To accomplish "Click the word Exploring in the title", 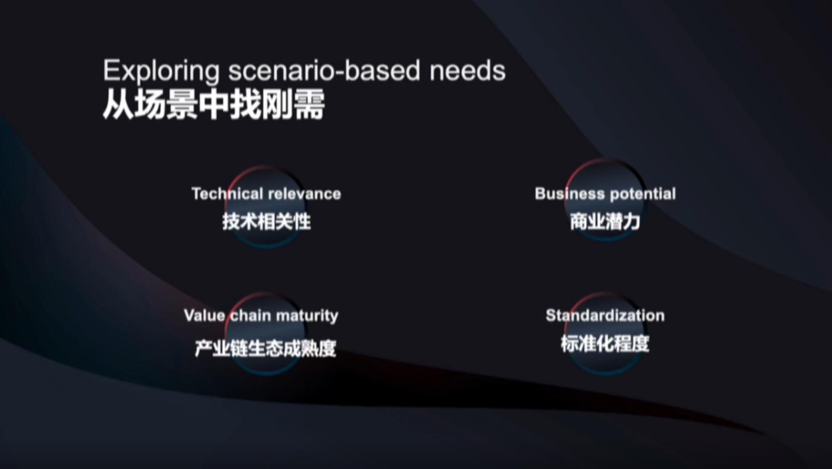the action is [161, 71].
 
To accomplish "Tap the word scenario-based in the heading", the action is [324, 71].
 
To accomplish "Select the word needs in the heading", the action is [468, 71].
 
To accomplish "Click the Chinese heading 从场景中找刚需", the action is [214, 104].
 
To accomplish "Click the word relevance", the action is [304, 194].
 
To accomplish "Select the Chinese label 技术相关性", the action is [266, 221].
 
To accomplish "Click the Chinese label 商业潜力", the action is [605, 221].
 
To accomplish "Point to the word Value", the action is [205, 315].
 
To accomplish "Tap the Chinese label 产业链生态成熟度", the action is [265, 348].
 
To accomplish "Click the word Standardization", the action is [605, 315].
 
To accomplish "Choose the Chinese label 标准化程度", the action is [605, 344].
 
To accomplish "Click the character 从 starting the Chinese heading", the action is [117, 105].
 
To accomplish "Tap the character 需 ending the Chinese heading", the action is [310, 105].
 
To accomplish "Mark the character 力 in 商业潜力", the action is [631, 221].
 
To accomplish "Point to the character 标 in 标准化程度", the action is [570, 344].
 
